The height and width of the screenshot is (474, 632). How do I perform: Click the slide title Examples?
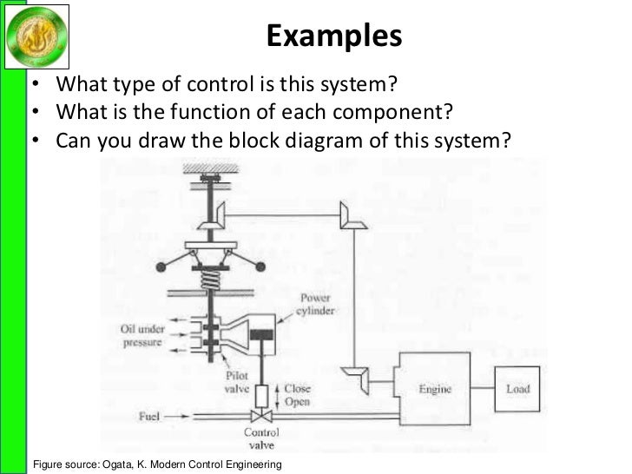(334, 36)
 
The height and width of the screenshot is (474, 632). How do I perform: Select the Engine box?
(435, 389)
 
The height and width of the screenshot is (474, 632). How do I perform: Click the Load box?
(518, 389)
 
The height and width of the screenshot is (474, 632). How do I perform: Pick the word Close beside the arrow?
(298, 389)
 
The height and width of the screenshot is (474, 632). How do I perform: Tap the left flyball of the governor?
(159, 265)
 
